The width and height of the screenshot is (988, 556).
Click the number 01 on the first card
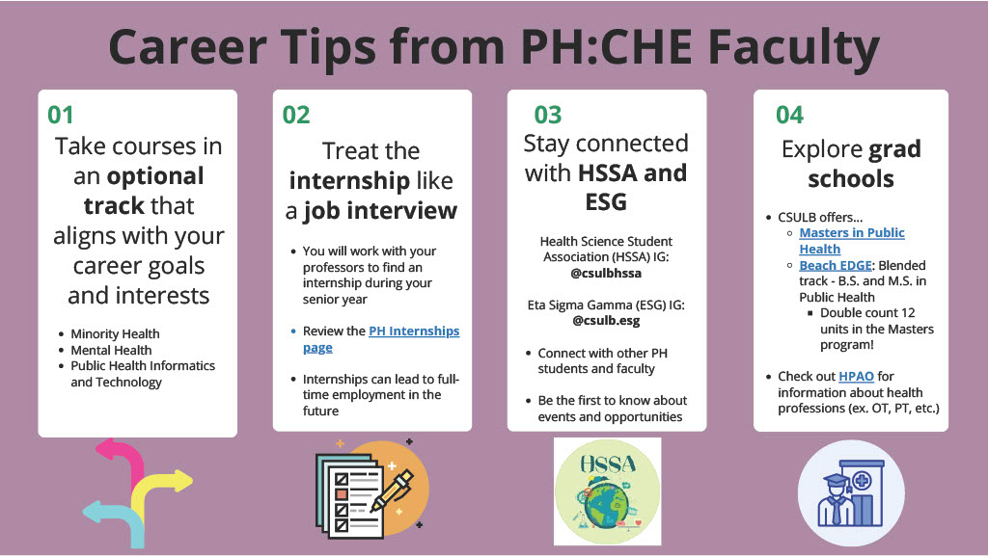(61, 115)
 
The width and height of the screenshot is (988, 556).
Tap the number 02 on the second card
(296, 115)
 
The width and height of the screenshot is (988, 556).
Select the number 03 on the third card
(547, 116)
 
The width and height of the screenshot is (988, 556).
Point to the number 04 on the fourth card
(789, 116)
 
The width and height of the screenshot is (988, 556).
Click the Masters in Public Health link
(851, 241)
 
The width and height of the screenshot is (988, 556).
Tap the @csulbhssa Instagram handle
(606, 273)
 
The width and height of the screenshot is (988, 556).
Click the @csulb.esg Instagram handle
(606, 321)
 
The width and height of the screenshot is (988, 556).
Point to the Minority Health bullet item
(115, 334)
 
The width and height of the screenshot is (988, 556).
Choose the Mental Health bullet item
(111, 350)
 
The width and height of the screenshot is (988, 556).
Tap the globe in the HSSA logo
(607, 508)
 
